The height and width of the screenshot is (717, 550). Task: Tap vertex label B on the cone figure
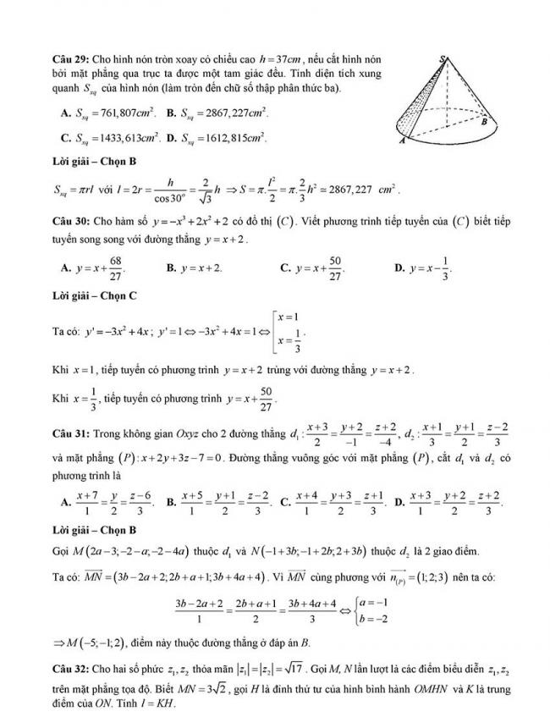(483, 122)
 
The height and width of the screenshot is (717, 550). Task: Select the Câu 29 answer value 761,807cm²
(127, 112)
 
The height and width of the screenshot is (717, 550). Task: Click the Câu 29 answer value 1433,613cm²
(128, 136)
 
